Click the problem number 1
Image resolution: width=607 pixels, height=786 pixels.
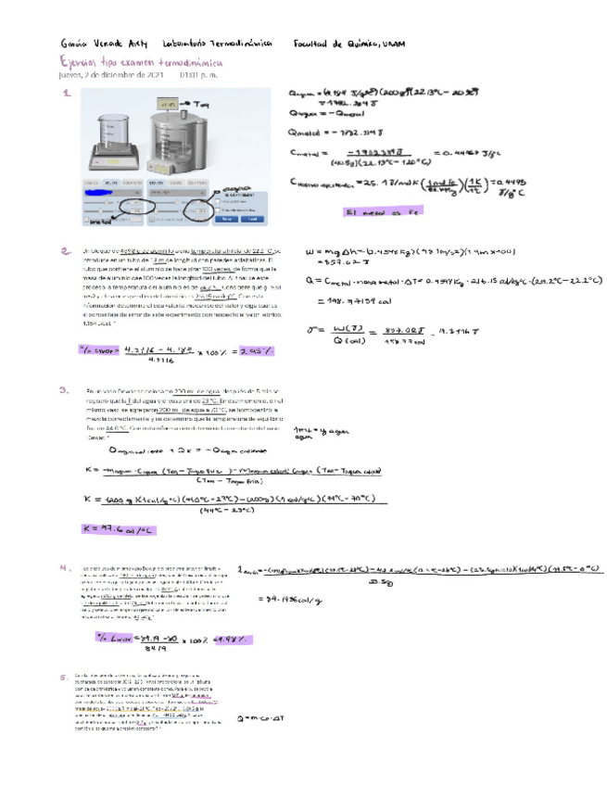pyautogui.click(x=65, y=94)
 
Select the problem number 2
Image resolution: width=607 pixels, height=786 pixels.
pyautogui.click(x=65, y=250)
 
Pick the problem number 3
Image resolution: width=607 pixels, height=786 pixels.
pyautogui.click(x=65, y=390)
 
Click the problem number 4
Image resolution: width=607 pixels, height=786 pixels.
pyautogui.click(x=65, y=567)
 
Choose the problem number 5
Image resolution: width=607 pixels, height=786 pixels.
pyautogui.click(x=65, y=676)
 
